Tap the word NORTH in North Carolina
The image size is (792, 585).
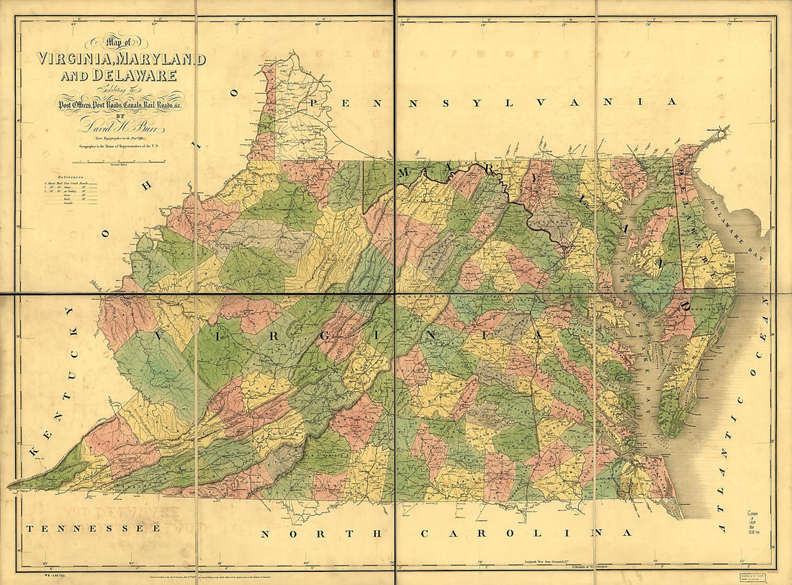pyautogui.click(x=320, y=534)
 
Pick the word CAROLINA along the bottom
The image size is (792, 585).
pyautogui.click(x=526, y=533)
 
